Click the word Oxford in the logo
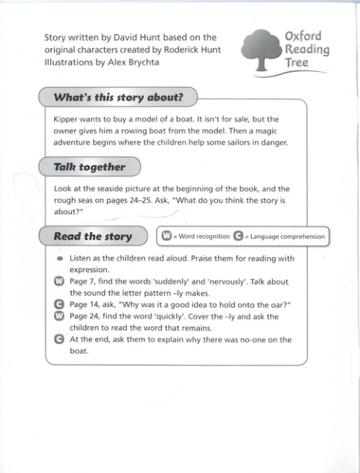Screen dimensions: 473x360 click(x=303, y=36)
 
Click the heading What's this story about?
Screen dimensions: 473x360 click(x=117, y=97)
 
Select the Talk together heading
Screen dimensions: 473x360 click(x=89, y=166)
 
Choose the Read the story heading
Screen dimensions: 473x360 click(x=93, y=236)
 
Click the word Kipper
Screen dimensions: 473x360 click(x=69, y=120)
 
